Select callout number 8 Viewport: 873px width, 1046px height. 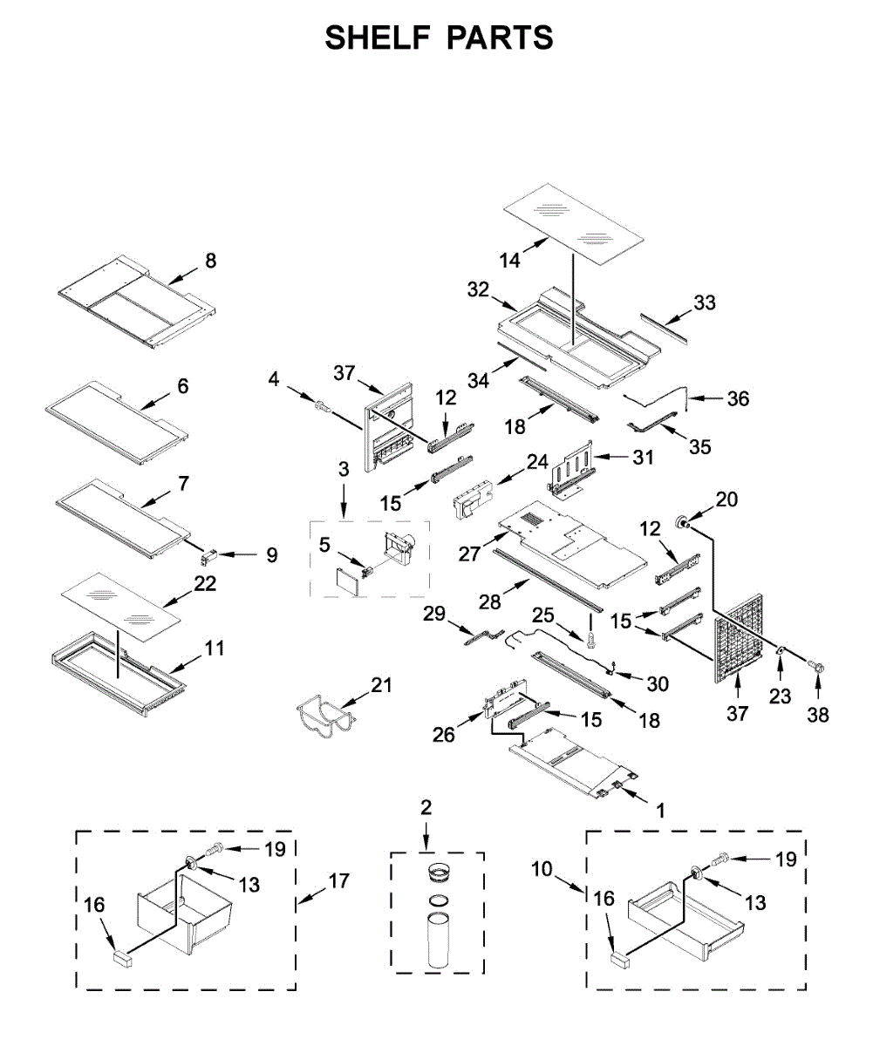pos(210,260)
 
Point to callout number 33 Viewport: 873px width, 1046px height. pos(705,302)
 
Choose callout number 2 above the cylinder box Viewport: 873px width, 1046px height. pos(426,807)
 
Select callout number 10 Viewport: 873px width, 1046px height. pos(542,869)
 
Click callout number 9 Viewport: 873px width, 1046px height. pos(272,554)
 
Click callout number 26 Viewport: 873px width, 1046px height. pos(444,735)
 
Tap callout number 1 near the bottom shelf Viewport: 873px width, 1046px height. pos(660,811)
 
